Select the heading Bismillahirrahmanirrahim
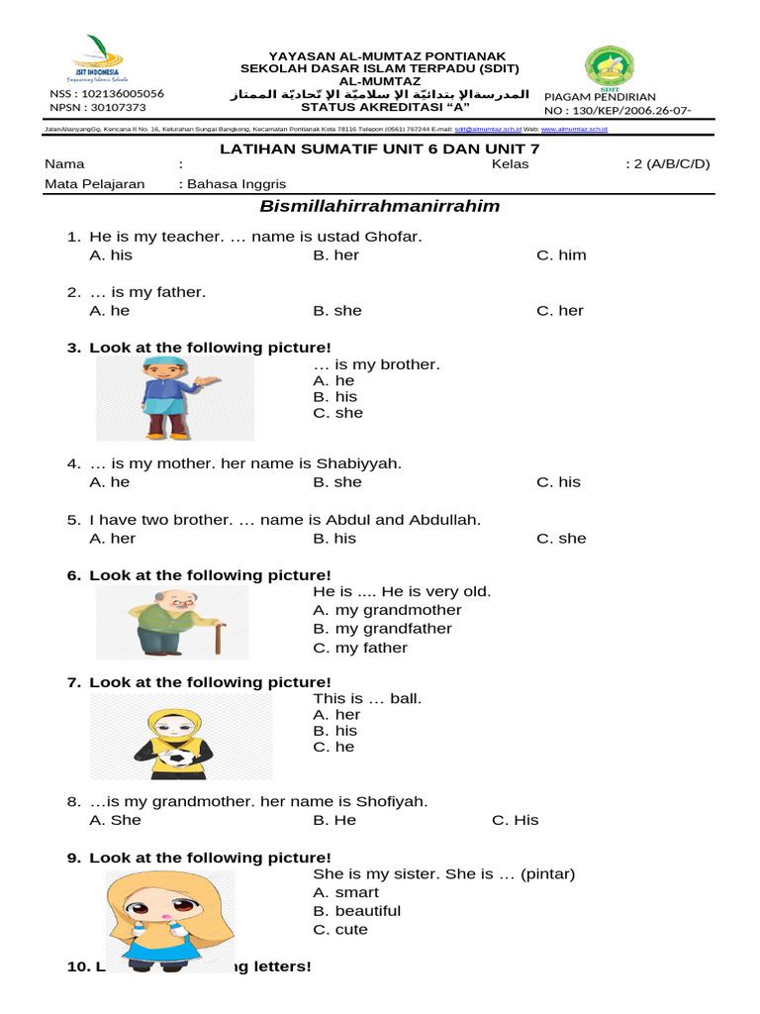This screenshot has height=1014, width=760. [379, 207]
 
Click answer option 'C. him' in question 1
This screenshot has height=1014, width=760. [561, 255]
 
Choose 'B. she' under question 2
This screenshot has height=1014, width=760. [337, 311]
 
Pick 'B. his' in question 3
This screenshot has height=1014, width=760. [334, 397]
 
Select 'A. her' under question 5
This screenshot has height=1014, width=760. [112, 539]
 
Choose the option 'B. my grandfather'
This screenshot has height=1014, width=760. [382, 629]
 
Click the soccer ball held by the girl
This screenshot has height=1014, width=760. [179, 759]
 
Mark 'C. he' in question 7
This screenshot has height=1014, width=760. [333, 748]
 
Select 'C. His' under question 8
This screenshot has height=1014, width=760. [515, 820]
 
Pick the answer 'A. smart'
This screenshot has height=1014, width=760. [345, 892]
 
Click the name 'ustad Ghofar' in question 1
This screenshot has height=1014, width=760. [374, 237]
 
